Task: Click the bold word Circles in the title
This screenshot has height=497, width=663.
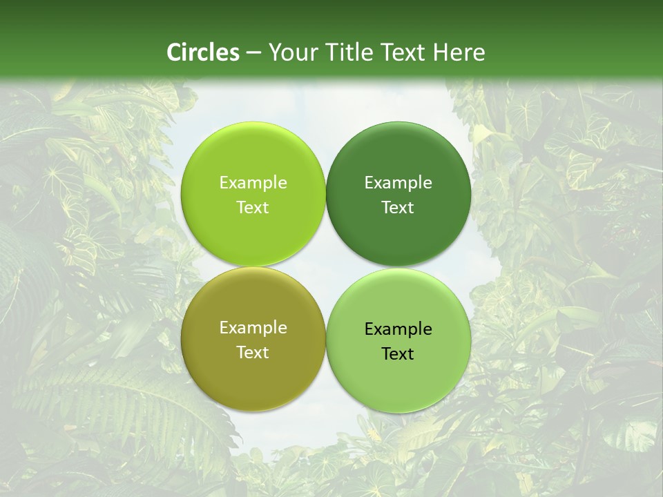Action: pyautogui.click(x=202, y=52)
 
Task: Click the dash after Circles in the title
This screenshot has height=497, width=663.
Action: pyautogui.click(x=253, y=53)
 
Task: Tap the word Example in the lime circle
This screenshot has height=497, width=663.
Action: pyautogui.click(x=253, y=183)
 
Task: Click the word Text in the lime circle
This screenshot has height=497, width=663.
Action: pyautogui.click(x=253, y=208)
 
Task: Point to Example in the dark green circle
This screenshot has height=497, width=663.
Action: pyautogui.click(x=398, y=183)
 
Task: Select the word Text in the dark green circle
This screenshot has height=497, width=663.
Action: pyautogui.click(x=398, y=208)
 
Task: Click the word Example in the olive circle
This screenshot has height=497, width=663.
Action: pyautogui.click(x=253, y=328)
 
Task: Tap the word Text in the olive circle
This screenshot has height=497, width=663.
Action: pyautogui.click(x=253, y=353)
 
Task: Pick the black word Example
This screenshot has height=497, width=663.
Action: pyautogui.click(x=398, y=329)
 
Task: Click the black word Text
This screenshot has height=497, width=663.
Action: pyautogui.click(x=398, y=354)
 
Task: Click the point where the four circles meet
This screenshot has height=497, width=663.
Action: pyautogui.click(x=326, y=267)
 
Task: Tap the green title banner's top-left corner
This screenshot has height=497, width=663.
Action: pyautogui.click(x=2, y=2)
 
